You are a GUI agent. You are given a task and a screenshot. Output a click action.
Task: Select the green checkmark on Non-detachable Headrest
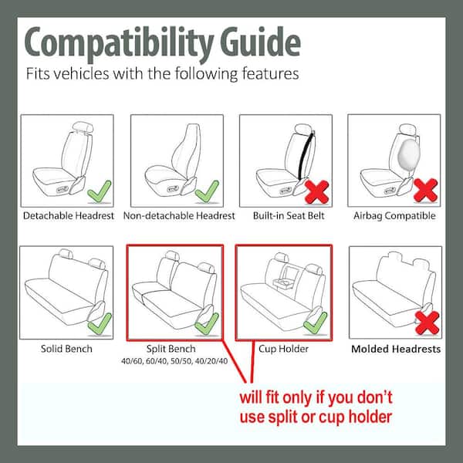click(207, 189)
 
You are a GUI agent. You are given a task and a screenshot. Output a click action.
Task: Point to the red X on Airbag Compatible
click(424, 189)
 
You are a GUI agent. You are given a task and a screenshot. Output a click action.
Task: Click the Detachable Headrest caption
click(68, 216)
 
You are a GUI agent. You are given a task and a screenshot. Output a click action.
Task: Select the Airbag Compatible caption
click(394, 216)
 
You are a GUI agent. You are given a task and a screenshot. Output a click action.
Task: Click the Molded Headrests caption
click(396, 349)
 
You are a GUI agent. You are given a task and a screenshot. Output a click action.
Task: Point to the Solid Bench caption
click(66, 349)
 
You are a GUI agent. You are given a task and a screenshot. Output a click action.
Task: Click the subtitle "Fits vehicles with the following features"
click(162, 76)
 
